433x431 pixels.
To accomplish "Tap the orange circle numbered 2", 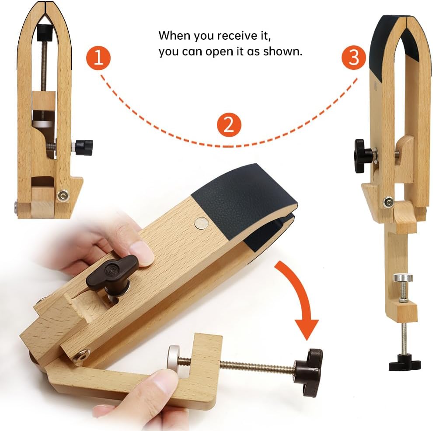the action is point(229,125).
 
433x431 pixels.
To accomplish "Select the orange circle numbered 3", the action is point(354,57).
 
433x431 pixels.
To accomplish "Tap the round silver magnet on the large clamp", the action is point(202,224).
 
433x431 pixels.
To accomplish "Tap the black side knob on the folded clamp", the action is point(84,148).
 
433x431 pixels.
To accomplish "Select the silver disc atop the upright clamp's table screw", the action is point(403,277).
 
